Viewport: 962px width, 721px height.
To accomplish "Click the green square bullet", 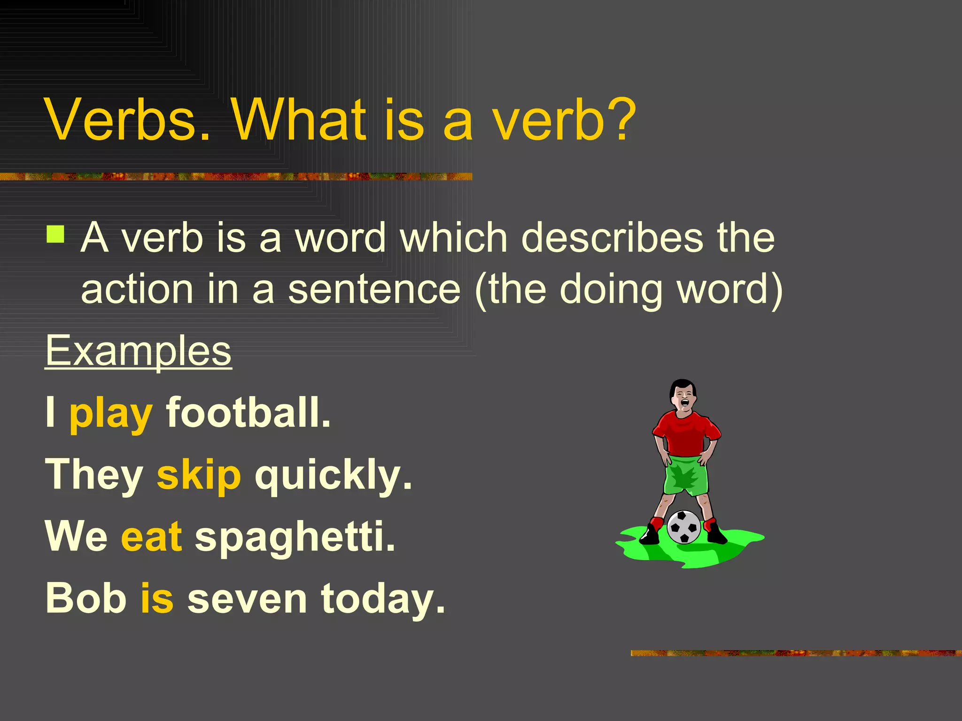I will [x=55, y=234].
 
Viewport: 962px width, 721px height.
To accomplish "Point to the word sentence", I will [x=374, y=290].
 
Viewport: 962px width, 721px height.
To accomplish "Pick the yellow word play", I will [x=111, y=414].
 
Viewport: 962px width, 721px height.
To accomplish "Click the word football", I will [x=248, y=413].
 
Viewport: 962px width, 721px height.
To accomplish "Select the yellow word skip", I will [x=199, y=475].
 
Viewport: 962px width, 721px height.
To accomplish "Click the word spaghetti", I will [x=295, y=538].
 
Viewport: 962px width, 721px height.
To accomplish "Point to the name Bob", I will [x=86, y=598].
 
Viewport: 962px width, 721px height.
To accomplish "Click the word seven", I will [x=247, y=599].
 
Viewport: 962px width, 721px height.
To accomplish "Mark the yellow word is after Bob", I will [x=157, y=598].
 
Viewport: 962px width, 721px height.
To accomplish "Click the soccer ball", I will [x=684, y=527].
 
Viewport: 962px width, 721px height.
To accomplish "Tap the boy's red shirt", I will [x=686, y=433].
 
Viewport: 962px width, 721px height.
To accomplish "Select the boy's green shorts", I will [x=686, y=475].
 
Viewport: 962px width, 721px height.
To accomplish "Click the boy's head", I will [x=683, y=396].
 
